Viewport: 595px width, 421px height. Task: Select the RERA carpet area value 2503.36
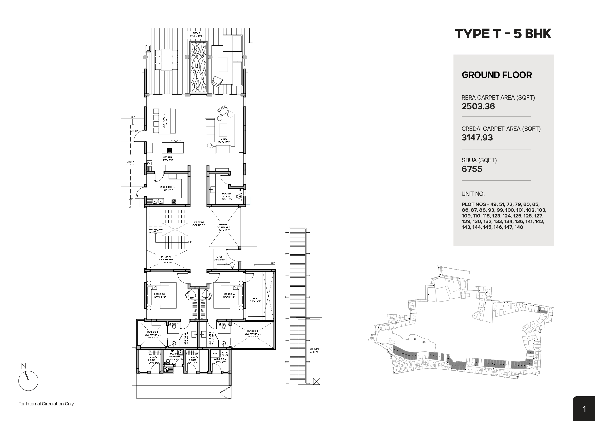pos(478,106)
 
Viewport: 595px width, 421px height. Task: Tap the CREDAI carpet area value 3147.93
pos(477,138)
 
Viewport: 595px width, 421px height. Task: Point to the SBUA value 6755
pos(472,169)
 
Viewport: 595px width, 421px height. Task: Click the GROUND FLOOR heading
pos(496,75)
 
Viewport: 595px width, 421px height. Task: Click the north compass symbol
pos(28,380)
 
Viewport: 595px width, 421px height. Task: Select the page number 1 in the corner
pos(584,409)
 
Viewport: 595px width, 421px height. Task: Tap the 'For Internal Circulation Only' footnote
pos(46,404)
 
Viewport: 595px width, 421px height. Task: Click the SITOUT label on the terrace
pos(196,33)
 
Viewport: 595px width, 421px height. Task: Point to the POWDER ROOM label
pos(227,195)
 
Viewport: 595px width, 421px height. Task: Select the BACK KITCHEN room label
pos(167,187)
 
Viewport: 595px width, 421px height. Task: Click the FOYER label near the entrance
pos(219,257)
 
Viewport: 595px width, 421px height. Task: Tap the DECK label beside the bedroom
pos(254,299)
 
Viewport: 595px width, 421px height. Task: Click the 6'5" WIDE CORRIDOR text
pos(199,224)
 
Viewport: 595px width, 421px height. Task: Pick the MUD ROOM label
pos(220,359)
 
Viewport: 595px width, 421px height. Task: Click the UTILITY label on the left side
pos(130,162)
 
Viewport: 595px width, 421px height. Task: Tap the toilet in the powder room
pos(239,197)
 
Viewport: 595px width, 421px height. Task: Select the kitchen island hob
pos(169,150)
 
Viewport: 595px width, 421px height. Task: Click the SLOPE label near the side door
pos(135,131)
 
